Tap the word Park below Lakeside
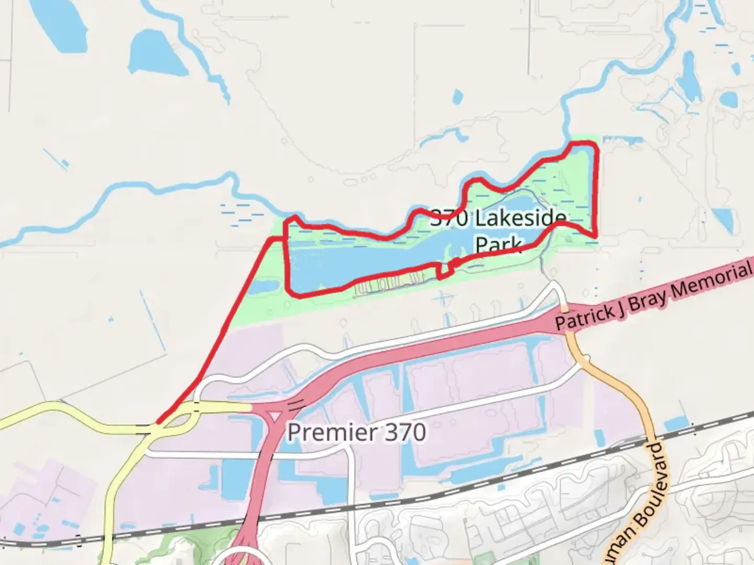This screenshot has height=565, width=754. (498, 244)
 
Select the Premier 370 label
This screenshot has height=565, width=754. (357, 433)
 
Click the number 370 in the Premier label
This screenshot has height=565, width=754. (405, 433)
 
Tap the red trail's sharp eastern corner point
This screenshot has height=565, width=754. (596, 236)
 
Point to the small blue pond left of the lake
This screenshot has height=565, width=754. (264, 287)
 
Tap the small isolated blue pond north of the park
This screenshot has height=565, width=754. (458, 96)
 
